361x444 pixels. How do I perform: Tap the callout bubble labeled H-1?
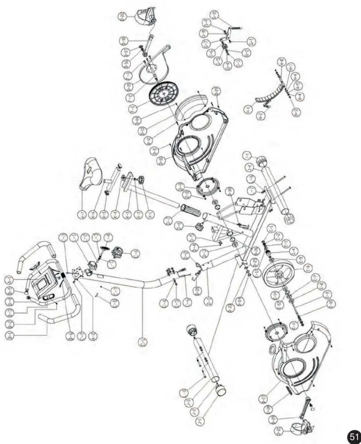click(x=248, y=110)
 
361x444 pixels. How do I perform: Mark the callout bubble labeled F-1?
click(x=132, y=109)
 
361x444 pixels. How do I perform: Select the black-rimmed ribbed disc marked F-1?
click(x=164, y=94)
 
